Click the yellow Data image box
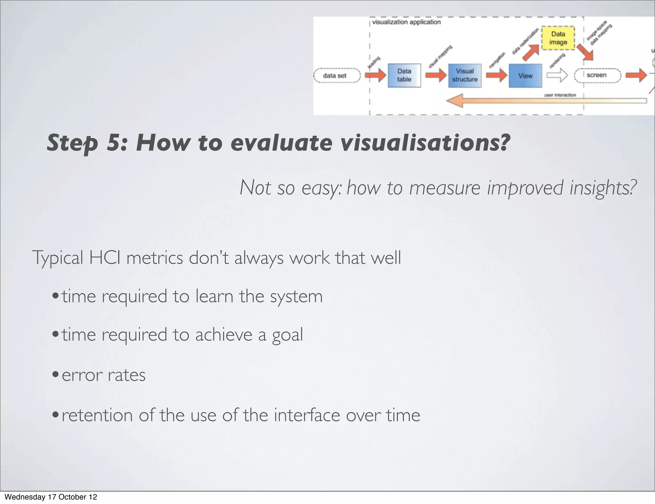click(x=558, y=38)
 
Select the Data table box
click(x=404, y=75)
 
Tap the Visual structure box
click(x=465, y=75)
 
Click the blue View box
click(x=525, y=76)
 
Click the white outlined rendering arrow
click(x=557, y=76)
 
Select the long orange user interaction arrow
click(x=544, y=101)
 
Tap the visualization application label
click(x=406, y=22)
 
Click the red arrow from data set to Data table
click(x=375, y=76)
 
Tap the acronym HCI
click(x=105, y=257)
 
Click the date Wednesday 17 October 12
click(x=51, y=497)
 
